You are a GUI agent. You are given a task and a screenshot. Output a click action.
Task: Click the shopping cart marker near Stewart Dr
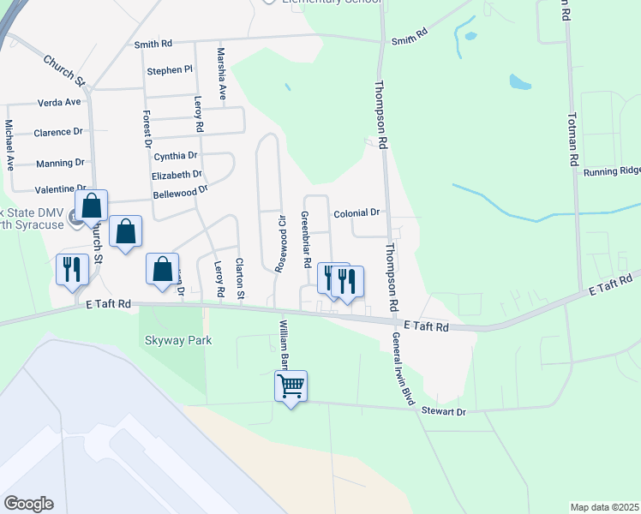291,386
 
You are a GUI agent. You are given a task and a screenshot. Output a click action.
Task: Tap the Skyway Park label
177,340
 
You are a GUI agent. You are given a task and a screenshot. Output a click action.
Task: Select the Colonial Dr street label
356,212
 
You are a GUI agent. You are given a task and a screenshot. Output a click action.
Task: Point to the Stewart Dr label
442,412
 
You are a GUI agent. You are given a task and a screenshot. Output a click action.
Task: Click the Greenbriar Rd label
305,240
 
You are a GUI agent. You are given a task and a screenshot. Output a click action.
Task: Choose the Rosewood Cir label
279,241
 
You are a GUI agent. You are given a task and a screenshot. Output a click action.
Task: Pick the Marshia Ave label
221,74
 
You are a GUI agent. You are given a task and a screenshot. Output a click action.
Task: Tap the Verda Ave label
59,102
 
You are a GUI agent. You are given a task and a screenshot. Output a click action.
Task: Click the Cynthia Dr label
176,156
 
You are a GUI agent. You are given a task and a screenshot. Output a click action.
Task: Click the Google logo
28,504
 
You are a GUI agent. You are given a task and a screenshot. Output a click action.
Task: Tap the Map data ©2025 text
603,507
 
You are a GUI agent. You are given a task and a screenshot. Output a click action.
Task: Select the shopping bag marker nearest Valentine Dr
92,206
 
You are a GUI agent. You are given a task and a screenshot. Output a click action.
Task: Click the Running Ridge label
612,172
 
